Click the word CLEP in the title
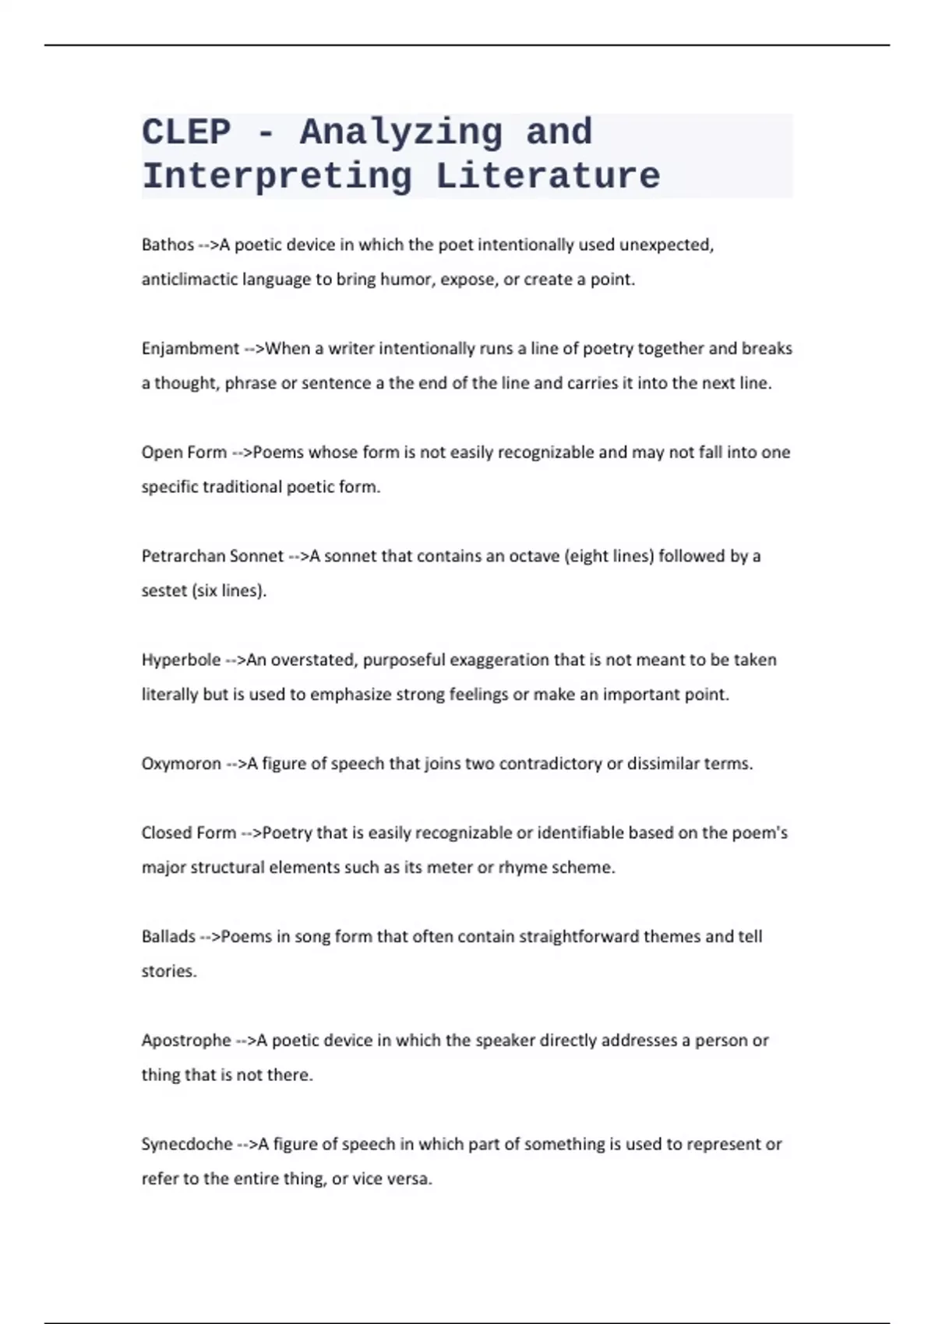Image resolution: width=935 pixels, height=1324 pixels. [186, 132]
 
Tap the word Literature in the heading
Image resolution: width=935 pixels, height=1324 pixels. [548, 177]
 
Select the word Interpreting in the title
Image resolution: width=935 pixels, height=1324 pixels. [277, 177]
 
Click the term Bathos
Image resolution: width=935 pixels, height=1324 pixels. [168, 245]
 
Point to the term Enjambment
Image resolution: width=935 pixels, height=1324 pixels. [190, 348]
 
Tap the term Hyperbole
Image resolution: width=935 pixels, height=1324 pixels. [181, 660]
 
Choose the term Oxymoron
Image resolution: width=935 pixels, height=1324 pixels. [181, 763]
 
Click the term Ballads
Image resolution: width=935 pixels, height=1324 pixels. [168, 936]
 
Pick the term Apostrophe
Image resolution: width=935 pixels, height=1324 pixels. [186, 1040]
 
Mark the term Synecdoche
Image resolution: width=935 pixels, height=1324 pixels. [187, 1143]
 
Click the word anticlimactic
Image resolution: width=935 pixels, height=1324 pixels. [189, 279]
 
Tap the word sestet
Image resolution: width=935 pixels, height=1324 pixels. [164, 590]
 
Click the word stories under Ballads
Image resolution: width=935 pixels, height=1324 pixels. [168, 970]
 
